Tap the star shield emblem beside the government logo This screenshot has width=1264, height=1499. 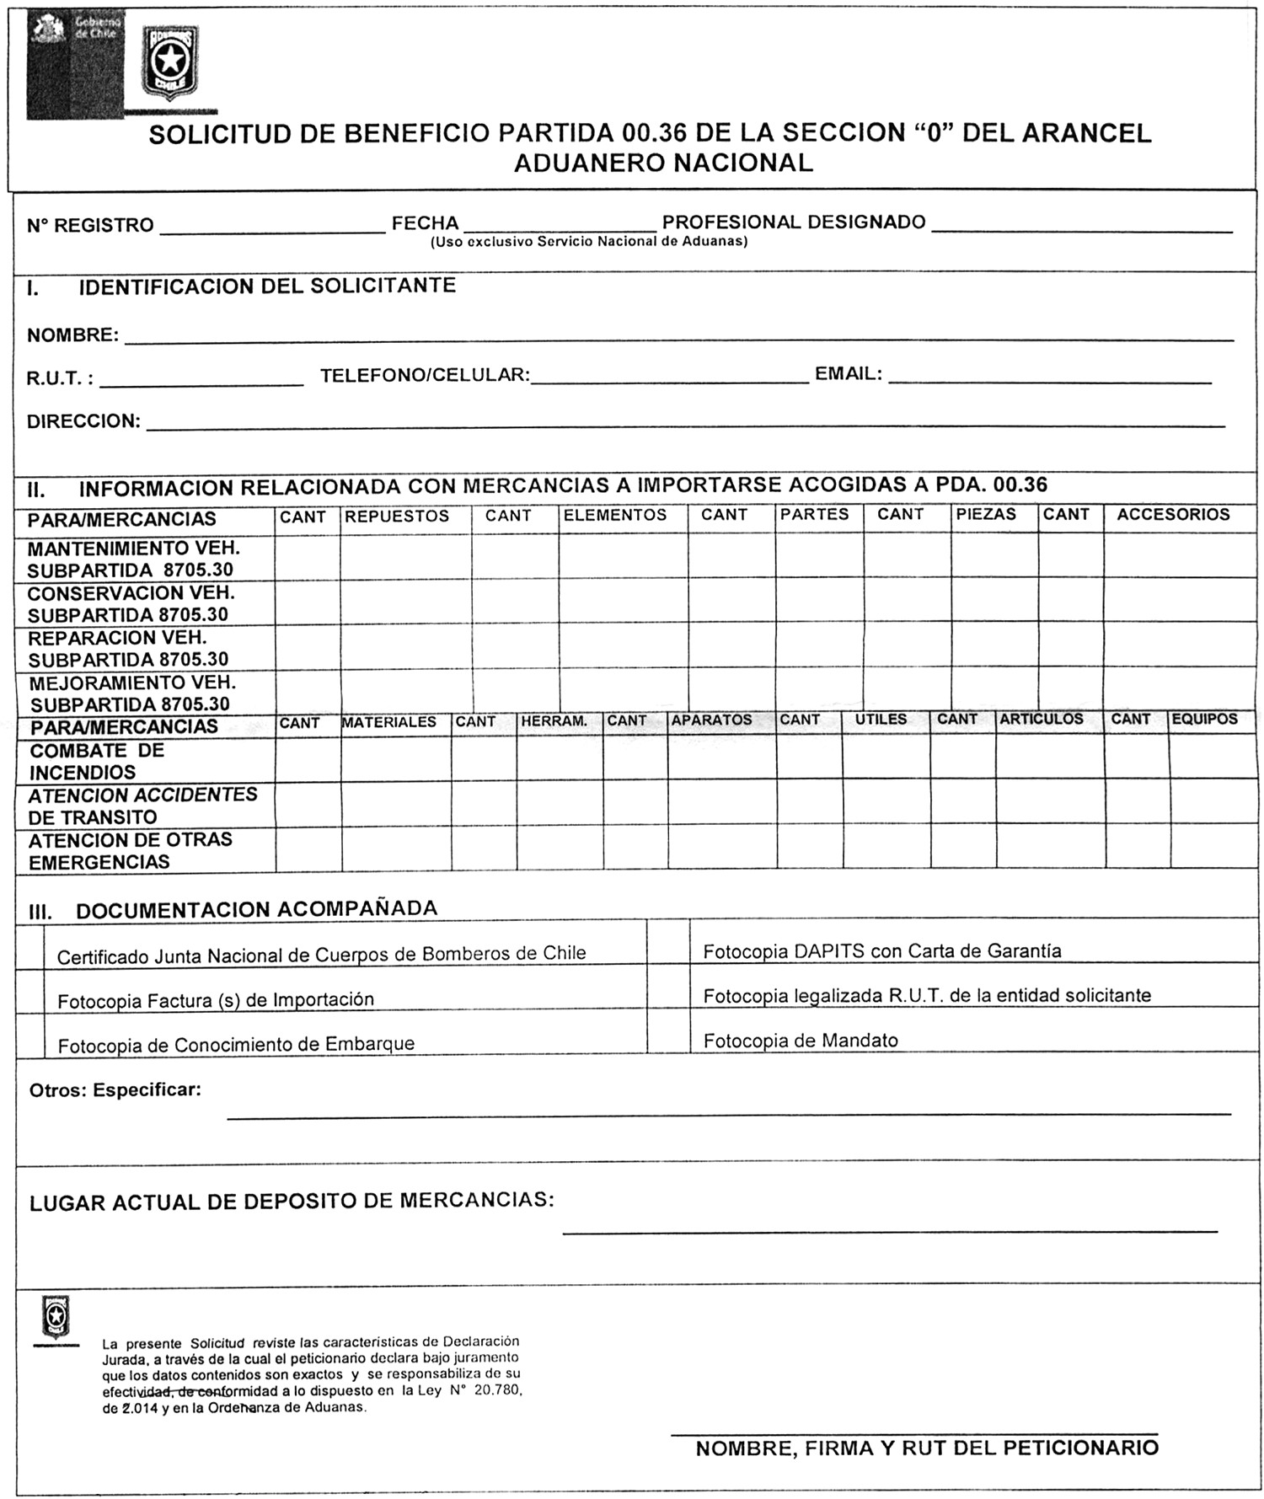click(170, 61)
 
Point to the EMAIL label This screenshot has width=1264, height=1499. click(848, 373)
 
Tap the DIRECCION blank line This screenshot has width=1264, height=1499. click(685, 426)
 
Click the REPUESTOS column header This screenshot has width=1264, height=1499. click(397, 516)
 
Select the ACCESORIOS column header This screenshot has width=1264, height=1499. click(1173, 514)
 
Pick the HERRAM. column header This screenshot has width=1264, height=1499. click(554, 721)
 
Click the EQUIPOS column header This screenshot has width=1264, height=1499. click(1204, 719)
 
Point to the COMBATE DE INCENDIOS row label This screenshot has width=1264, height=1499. click(96, 761)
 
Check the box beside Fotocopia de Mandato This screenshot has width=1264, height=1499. click(668, 1031)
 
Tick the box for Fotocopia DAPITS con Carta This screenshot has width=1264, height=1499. click(668, 941)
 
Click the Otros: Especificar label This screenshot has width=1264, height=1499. click(115, 1089)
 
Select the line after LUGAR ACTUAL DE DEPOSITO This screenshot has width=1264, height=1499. click(889, 1231)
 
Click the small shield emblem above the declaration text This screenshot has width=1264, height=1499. click(56, 1317)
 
